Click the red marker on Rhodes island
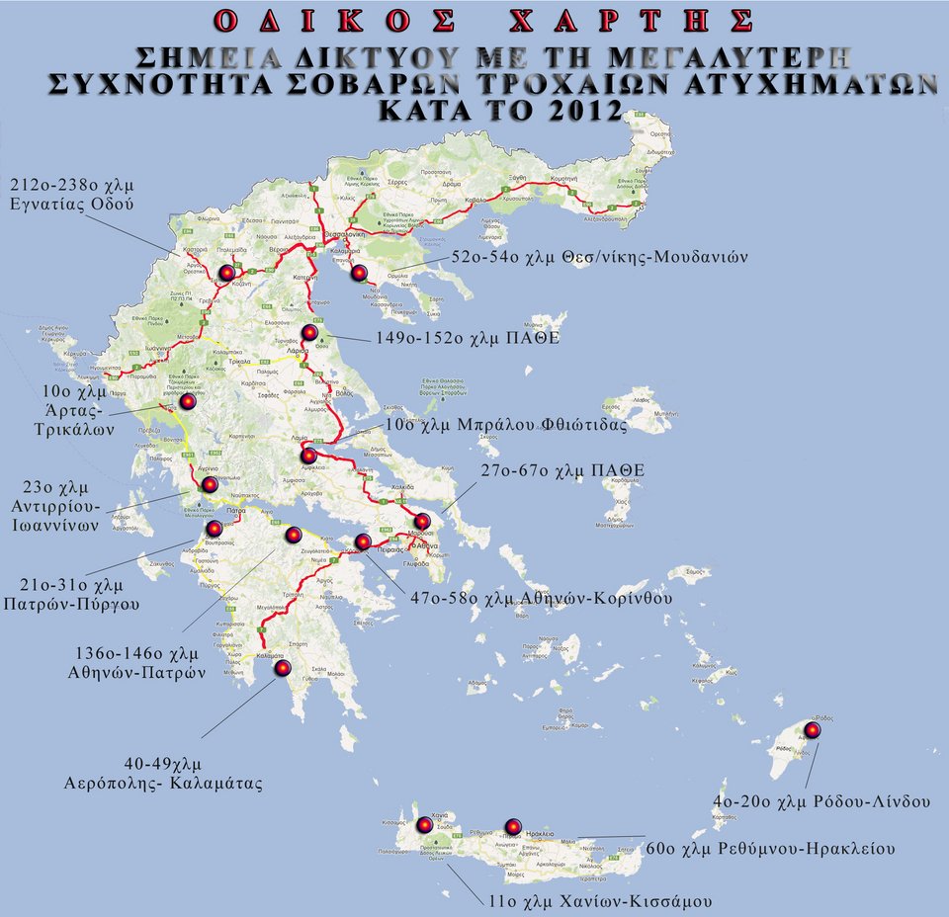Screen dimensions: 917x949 [x=812, y=730]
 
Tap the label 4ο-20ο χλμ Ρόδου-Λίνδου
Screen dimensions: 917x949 [x=820, y=802]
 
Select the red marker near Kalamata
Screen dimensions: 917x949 [x=283, y=669]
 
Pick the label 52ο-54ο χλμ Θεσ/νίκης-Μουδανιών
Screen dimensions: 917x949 [x=599, y=257]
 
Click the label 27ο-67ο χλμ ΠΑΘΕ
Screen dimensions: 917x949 [x=562, y=469]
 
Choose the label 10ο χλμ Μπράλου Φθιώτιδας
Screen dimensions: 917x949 [x=506, y=426]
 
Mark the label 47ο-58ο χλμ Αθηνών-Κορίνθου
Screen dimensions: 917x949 [x=542, y=598]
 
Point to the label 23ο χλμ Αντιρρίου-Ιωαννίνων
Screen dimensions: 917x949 [x=62, y=506]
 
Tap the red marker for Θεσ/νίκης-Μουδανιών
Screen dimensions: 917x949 [x=359, y=273]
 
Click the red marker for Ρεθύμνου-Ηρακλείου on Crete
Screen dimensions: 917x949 [x=512, y=827]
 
